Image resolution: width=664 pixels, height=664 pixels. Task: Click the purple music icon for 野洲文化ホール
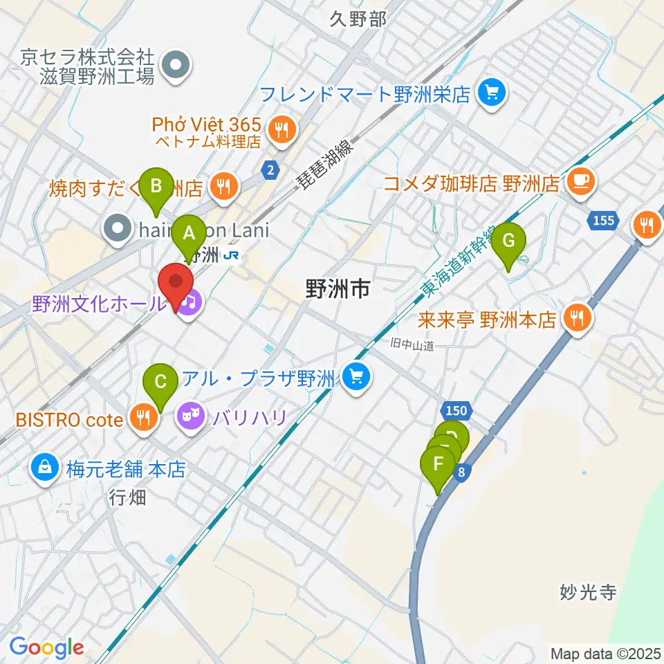coord(189,302)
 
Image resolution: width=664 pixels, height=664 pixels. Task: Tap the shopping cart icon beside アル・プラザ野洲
coord(357,378)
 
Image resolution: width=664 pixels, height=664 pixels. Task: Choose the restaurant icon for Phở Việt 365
coord(281,128)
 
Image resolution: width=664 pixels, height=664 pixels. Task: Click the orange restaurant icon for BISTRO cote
coord(143,418)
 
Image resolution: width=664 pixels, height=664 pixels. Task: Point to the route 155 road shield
coord(602,221)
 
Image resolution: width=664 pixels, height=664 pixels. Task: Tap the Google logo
coord(46,647)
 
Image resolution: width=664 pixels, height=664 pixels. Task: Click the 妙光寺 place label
coord(587,593)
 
